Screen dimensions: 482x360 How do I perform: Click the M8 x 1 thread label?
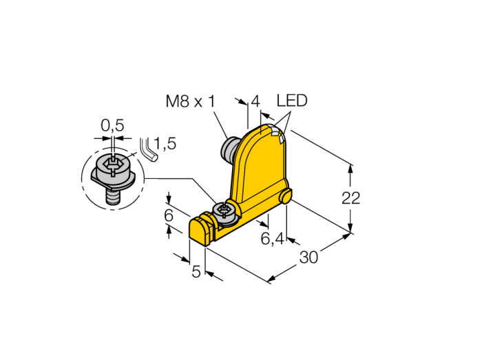click(x=190, y=101)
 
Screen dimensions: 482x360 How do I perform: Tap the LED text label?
click(x=292, y=100)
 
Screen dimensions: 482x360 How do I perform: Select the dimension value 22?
click(x=350, y=198)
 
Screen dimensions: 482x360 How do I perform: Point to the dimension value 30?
click(x=308, y=257)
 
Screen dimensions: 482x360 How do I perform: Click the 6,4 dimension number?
click(x=273, y=238)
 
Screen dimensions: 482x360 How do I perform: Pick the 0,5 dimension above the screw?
click(x=112, y=125)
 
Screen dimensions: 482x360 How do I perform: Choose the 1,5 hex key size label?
click(x=165, y=143)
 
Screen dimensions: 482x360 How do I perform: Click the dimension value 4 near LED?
click(x=255, y=101)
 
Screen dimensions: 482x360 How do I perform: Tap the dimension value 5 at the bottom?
click(x=196, y=271)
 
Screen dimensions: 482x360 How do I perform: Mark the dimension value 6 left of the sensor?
click(x=169, y=215)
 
